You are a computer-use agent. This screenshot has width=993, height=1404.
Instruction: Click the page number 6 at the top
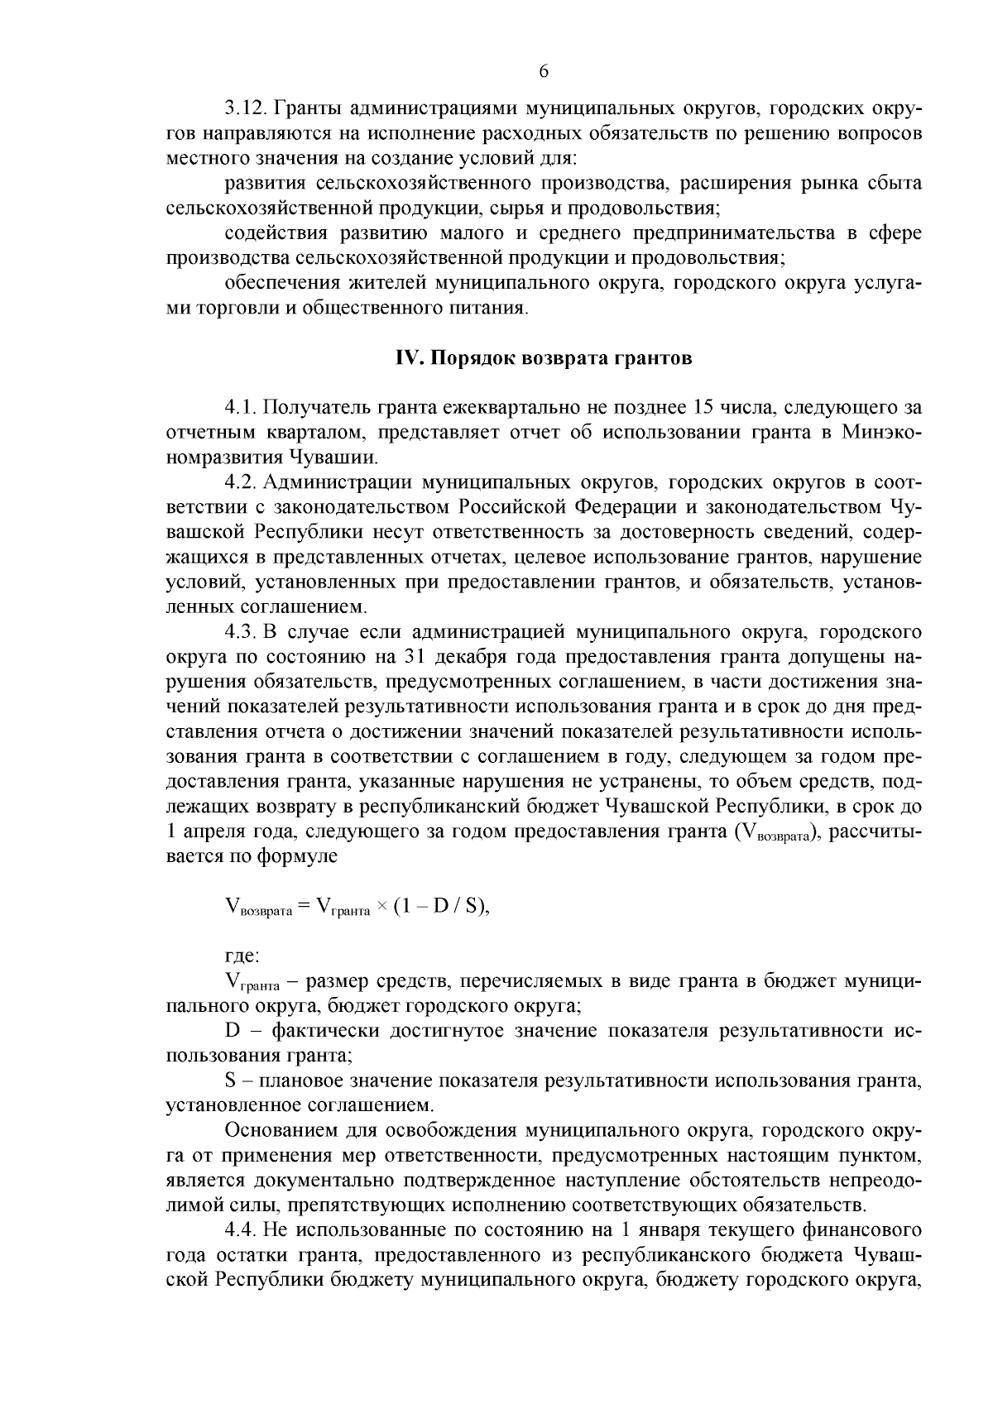[x=544, y=71]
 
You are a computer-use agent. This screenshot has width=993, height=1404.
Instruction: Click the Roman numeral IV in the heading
[x=404, y=358]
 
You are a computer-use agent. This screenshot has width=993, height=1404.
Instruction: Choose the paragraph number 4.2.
[x=238, y=482]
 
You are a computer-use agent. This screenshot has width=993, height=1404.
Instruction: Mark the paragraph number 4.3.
[x=238, y=633]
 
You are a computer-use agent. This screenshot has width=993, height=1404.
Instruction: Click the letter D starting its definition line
[x=233, y=1031]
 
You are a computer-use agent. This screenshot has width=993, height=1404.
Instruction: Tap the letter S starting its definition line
[x=231, y=1081]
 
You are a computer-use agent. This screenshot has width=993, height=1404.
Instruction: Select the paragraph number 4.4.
[x=238, y=1231]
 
